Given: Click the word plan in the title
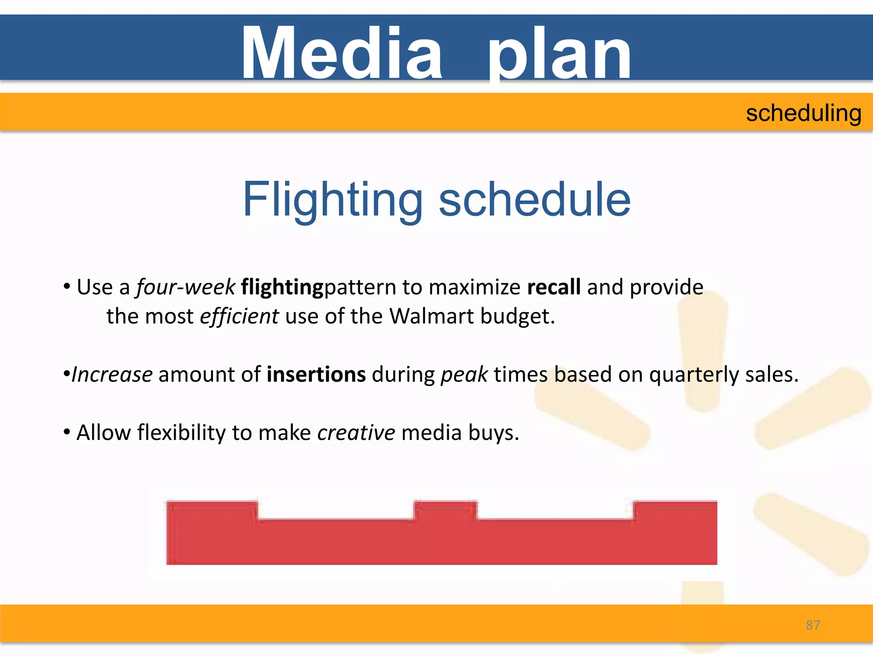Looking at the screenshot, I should pyautogui.click(x=559, y=53).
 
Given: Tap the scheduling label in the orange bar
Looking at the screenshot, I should pyautogui.click(x=804, y=113).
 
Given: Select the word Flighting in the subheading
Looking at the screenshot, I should pyautogui.click(x=332, y=200).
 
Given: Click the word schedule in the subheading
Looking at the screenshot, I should pyautogui.click(x=535, y=200).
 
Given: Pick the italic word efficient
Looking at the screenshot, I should pyautogui.click(x=239, y=317).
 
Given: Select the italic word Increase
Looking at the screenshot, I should pyautogui.click(x=112, y=375).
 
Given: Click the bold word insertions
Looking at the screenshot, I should pyautogui.click(x=316, y=375).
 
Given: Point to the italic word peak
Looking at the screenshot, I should pyautogui.click(x=464, y=375).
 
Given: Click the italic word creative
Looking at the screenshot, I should pyautogui.click(x=356, y=433).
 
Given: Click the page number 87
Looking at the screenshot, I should pyautogui.click(x=812, y=625).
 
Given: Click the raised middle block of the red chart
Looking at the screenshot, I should pyautogui.click(x=445, y=510).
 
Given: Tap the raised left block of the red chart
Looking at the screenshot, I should pyautogui.click(x=212, y=510).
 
